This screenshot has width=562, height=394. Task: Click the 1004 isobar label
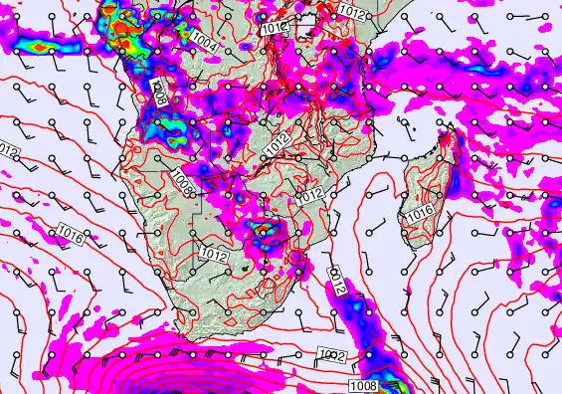(x=207, y=42)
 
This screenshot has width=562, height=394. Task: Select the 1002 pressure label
(x=333, y=356)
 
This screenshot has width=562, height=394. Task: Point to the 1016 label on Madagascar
(x=419, y=214)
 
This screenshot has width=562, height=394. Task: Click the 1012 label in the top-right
(x=350, y=10)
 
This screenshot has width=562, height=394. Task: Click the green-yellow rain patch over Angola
(x=169, y=124)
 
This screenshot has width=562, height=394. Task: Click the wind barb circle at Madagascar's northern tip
(x=454, y=128)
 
